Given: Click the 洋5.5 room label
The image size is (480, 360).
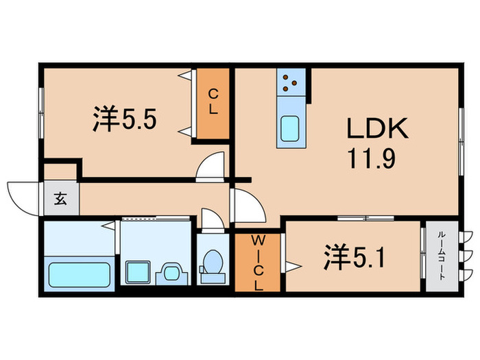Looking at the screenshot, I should tap(125, 119).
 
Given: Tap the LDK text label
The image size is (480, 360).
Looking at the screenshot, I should tap(376, 128).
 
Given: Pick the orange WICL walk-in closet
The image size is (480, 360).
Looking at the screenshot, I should tap(258, 263).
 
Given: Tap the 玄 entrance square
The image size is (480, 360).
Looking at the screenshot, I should tap(60, 200).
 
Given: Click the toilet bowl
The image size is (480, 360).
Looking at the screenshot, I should tap(213, 263).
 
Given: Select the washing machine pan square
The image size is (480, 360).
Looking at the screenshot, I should tap(137, 271).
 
